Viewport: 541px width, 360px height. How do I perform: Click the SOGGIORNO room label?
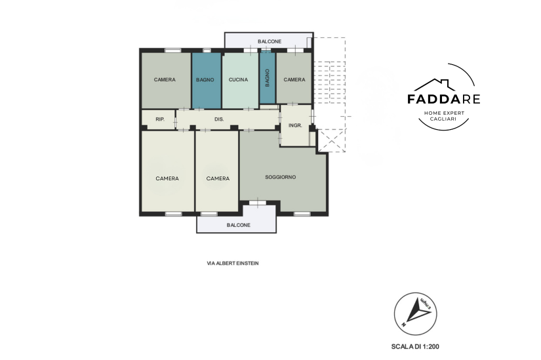click(x=280, y=177)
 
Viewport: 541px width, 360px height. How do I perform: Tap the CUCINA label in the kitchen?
click(x=238, y=80)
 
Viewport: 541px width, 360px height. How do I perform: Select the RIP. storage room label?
click(x=160, y=119)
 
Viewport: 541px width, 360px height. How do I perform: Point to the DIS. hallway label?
click(x=219, y=119)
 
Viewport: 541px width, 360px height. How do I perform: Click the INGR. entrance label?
click(x=295, y=126)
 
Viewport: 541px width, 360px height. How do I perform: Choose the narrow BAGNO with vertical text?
click(x=268, y=78)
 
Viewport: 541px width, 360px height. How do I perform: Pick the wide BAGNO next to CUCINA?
click(x=205, y=80)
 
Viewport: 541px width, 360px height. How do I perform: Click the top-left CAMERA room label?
click(x=165, y=80)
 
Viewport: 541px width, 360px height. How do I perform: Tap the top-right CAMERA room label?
click(x=294, y=80)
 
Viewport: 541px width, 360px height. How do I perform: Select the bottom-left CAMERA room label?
click(x=167, y=178)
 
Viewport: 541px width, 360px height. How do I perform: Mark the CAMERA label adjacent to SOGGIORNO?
click(x=218, y=178)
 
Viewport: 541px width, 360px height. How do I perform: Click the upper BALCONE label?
click(x=270, y=41)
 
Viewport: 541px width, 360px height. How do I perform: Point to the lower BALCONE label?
click(x=239, y=225)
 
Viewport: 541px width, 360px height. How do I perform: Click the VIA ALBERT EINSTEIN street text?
click(x=233, y=264)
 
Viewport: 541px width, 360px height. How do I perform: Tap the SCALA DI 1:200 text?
click(x=415, y=346)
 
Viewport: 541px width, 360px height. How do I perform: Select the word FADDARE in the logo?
click(x=443, y=99)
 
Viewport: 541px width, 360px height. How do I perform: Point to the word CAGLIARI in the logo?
click(x=443, y=119)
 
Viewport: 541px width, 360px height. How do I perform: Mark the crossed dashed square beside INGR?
click(x=331, y=140)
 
